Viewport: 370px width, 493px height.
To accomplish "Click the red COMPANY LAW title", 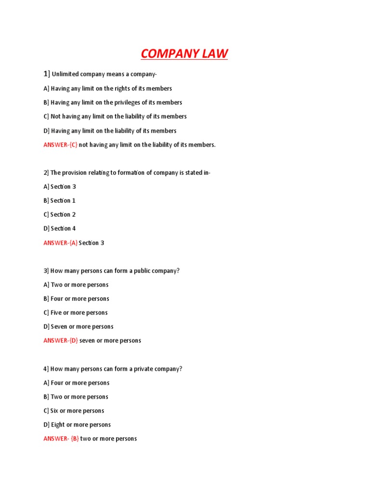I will point(184,53).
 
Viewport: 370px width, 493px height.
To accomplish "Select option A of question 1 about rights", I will point(107,89).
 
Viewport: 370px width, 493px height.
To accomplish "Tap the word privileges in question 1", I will point(127,103).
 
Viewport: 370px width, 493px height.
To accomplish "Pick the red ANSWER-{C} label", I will point(60,144).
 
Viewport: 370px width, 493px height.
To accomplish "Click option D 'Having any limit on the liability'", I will point(110,130).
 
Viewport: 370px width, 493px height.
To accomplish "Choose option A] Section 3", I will point(60,187).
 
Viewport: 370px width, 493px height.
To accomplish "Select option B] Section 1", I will point(60,201).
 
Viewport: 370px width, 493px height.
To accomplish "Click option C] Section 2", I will point(60,215).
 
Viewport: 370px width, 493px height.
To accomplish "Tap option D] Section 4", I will point(60,229).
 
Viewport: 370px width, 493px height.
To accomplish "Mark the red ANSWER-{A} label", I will point(60,243).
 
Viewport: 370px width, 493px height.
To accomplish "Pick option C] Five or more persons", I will point(76,313).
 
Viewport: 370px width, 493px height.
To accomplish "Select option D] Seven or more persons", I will point(79,327).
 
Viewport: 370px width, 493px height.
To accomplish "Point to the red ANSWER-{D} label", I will point(60,341).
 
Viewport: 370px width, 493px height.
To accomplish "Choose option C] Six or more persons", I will point(74,411).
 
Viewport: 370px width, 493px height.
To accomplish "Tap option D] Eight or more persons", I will point(77,425).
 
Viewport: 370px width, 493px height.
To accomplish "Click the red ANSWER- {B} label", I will point(61,439).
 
